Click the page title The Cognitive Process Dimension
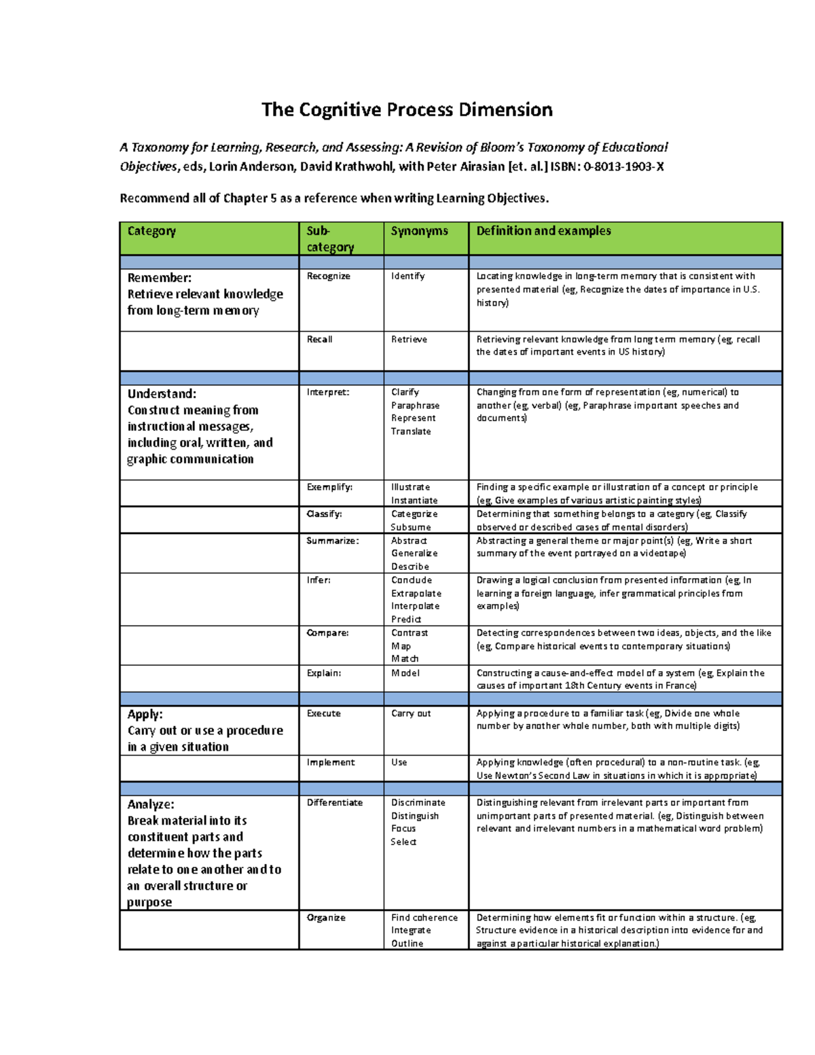point(407,110)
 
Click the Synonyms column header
point(419,231)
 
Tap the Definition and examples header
point(543,231)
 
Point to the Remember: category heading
point(160,278)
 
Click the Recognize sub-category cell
point(328,276)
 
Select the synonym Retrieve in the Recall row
point(409,340)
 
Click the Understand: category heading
point(162,394)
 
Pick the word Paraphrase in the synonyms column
point(415,406)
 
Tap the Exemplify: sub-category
point(329,487)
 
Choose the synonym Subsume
point(410,527)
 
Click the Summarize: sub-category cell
point(332,541)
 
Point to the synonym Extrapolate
point(416,594)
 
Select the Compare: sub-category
point(327,633)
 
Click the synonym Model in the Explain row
point(405,673)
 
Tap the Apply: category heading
point(145,715)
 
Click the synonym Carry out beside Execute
point(411,714)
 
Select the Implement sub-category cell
point(330,763)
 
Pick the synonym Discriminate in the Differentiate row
point(418,803)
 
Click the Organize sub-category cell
point(326,918)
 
